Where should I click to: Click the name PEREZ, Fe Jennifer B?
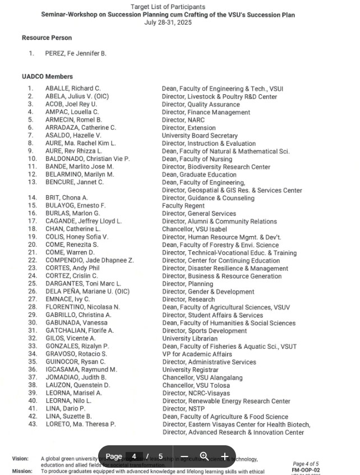tap(76, 54)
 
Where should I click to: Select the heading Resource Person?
tap(47, 38)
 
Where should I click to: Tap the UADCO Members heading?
tap(48, 76)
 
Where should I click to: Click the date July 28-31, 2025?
tap(168, 22)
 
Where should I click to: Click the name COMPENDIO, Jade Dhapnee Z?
tap(89, 261)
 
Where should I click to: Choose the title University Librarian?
tap(190, 339)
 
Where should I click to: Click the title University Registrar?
tap(190, 370)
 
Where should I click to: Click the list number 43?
tap(33, 425)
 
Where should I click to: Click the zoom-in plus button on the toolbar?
tap(225, 456)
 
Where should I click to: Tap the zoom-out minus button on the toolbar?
tap(184, 456)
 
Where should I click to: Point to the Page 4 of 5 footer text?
tap(306, 464)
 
